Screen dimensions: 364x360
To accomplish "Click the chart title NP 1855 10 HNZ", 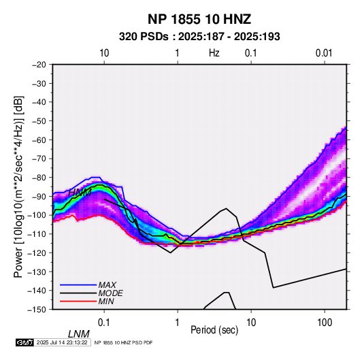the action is [x=199, y=19].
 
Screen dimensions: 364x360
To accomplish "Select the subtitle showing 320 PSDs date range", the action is [x=199, y=37].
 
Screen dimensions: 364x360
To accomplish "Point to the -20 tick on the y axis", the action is [x=39, y=65].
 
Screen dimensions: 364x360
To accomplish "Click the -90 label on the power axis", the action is [x=39, y=196].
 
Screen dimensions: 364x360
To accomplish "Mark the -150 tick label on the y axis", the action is [x=37, y=310].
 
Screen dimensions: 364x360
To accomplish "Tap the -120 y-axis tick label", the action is [x=37, y=252].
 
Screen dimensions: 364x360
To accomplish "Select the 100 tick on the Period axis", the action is [x=325, y=323].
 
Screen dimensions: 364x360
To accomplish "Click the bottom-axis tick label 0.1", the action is [x=104, y=323].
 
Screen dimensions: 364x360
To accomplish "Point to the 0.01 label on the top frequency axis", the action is [x=324, y=53].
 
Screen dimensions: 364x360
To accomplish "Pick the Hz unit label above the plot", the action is [x=214, y=53].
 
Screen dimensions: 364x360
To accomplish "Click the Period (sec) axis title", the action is [x=214, y=330].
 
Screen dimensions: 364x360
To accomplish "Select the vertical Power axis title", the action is [x=18, y=187].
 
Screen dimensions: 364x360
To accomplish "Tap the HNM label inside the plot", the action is [x=80, y=193].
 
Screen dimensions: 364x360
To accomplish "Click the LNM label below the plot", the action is [x=79, y=334].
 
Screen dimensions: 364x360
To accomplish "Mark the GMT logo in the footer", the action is [x=24, y=342].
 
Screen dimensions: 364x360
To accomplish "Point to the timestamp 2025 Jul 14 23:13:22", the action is [x=62, y=342].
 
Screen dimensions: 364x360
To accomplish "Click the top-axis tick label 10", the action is [x=104, y=53].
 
